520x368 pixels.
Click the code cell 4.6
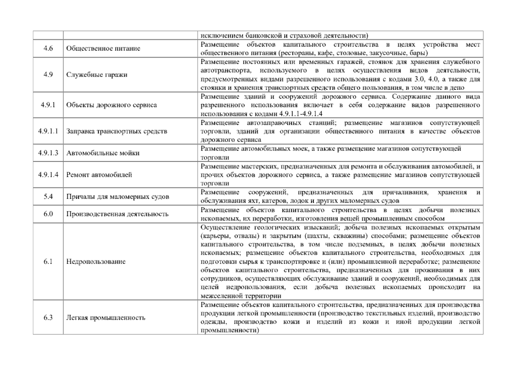coord(48,48)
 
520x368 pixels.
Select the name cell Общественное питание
coord(103,48)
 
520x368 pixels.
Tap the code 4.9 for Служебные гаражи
coord(48,75)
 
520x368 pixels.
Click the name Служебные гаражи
coord(97,75)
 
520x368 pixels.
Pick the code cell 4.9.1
coord(48,105)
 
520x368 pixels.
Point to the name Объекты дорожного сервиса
coord(111,105)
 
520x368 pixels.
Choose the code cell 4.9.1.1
coord(48,131)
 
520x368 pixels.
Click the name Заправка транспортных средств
coord(117,131)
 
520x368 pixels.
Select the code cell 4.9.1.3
coord(48,153)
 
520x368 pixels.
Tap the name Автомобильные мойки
coord(103,153)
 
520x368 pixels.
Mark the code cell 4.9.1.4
coord(48,175)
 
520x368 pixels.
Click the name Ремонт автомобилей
coord(99,175)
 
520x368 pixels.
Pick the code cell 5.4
coord(48,197)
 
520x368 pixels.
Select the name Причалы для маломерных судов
coord(117,197)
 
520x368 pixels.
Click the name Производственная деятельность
coord(117,214)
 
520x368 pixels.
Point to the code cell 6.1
coord(48,262)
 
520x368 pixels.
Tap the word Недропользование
coord(96,262)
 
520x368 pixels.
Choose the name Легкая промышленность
coord(105,317)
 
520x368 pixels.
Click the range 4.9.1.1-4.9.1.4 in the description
coord(301,114)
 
